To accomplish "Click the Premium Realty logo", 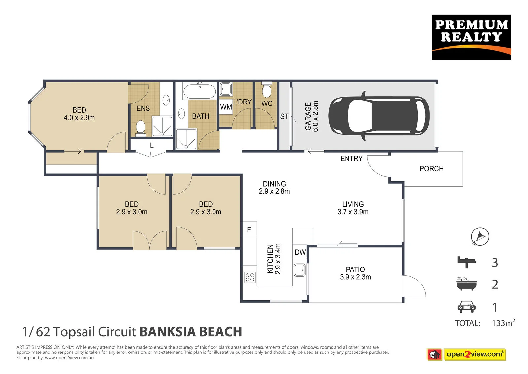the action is coord(472,37).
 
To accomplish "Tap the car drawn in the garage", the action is coord(379,116).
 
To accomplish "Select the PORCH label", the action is coord(431,169).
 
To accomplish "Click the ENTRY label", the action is coord(351,158).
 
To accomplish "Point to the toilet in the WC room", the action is coord(267,90).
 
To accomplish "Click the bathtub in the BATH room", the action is coord(199,91).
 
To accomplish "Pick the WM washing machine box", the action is coord(226,107).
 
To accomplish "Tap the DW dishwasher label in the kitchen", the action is coord(300,252).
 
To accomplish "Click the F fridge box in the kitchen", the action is coord(249,229).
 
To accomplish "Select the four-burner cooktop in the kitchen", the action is coord(250,277).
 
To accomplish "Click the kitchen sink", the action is coord(300,270).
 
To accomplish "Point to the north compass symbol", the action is coord(480,236).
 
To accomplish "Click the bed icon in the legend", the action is coord(466,262).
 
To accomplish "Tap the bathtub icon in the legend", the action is coord(467,284).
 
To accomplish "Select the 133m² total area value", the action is coord(503,323).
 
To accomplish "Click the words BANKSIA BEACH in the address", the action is coord(191,332).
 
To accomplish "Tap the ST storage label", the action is coord(284,116).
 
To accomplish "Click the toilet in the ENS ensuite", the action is coord(141,128).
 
